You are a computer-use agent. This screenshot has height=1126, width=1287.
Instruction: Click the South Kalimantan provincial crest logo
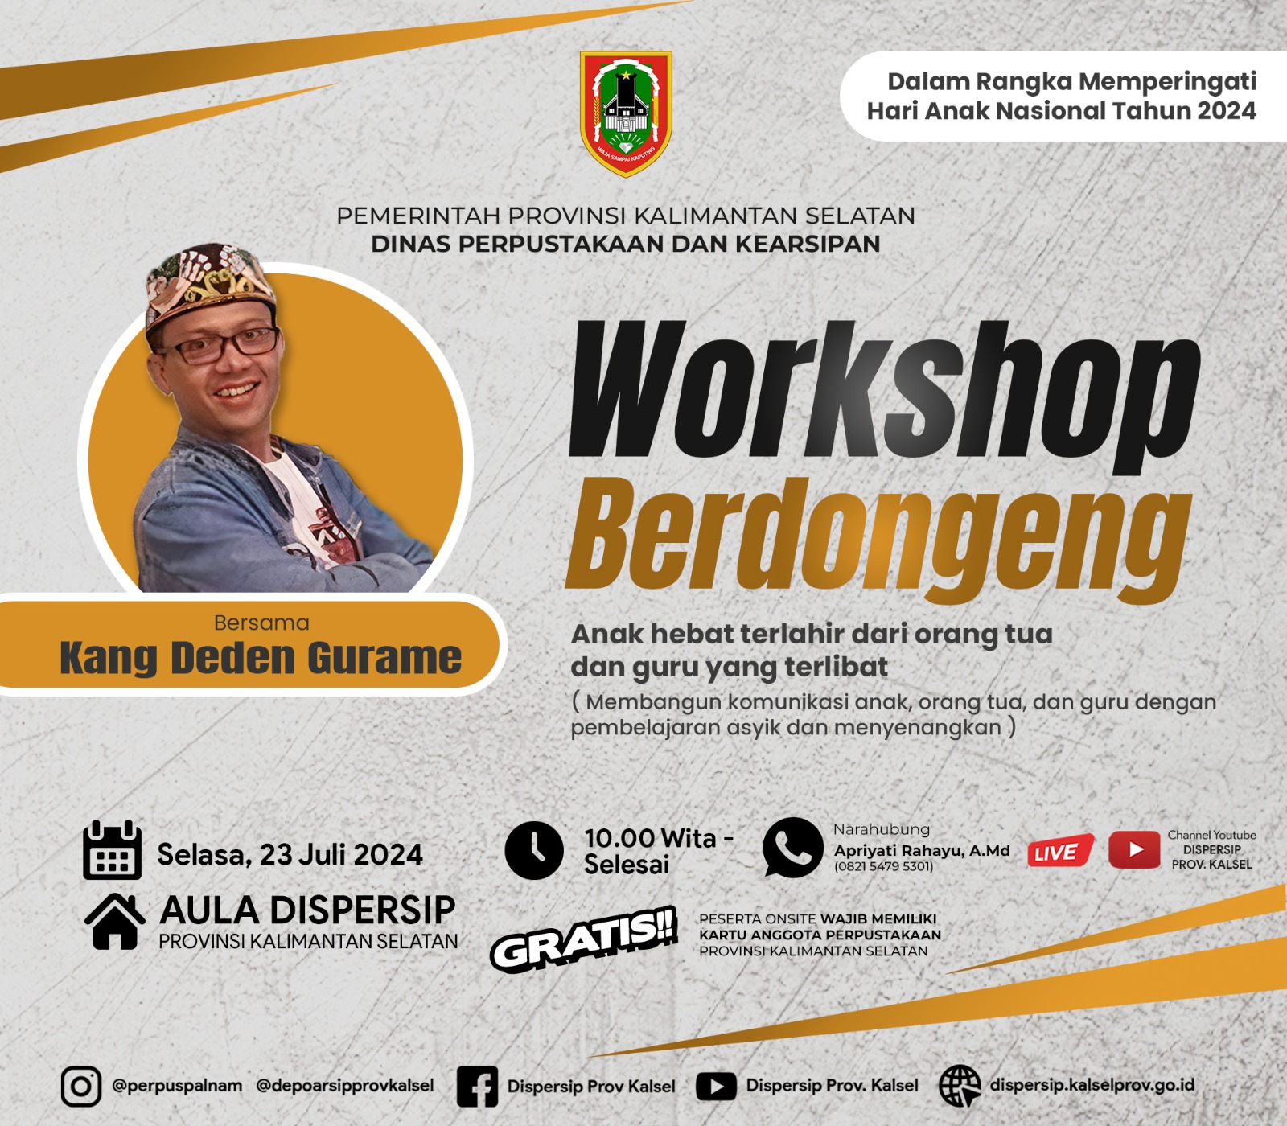[626, 113]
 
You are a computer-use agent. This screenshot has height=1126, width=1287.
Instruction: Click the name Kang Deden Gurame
[261, 658]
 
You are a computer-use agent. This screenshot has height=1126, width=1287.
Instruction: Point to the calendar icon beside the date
[113, 850]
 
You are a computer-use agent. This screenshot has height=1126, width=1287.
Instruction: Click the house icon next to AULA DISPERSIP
[115, 921]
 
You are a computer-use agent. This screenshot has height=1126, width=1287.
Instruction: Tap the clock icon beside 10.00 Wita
[534, 850]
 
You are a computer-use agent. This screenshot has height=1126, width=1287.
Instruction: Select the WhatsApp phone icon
[793, 848]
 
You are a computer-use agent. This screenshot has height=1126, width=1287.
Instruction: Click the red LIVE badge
[1059, 851]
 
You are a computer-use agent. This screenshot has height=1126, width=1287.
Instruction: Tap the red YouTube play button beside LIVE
[1134, 850]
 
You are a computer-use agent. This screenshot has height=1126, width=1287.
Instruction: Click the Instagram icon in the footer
[81, 1087]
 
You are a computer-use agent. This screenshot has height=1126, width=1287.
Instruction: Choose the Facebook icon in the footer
[477, 1087]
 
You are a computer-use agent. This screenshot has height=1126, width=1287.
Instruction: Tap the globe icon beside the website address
[960, 1086]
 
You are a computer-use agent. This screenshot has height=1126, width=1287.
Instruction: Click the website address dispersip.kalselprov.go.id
[1092, 1085]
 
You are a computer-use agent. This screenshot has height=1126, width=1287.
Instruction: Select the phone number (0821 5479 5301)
[883, 866]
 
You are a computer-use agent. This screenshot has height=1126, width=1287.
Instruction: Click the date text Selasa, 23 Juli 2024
[290, 854]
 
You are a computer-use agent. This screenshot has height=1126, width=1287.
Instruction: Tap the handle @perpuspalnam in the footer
[177, 1086]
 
